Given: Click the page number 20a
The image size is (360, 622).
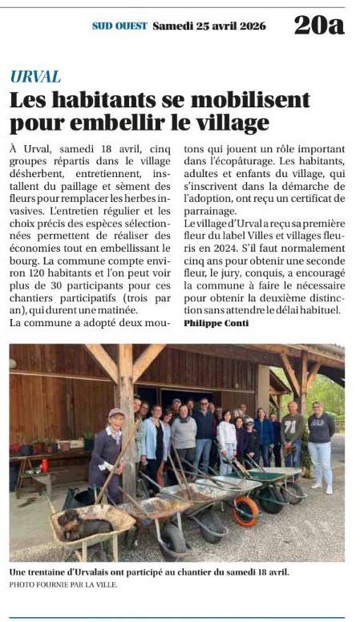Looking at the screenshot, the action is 319,25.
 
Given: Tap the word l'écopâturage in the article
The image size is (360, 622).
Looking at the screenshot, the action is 230,160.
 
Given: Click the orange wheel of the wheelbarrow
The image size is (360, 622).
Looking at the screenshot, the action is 245,511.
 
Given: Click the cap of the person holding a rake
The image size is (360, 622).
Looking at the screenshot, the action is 117,414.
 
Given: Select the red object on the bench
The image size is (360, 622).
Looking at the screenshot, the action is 45,464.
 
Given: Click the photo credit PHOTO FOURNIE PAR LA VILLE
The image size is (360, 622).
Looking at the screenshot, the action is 63,584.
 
